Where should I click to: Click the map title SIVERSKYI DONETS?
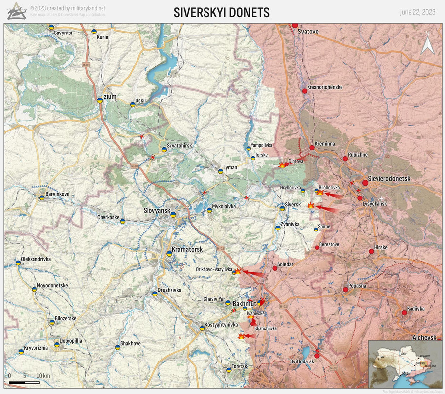(x=222, y=13)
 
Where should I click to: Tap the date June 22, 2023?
(x=417, y=12)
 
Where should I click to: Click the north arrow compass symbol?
(x=427, y=43)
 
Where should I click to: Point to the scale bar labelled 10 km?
(x=25, y=382)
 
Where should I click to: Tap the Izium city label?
(x=109, y=97)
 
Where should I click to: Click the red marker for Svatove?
(x=295, y=25)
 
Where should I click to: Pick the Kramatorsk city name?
(x=187, y=250)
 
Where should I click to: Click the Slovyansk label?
(x=157, y=210)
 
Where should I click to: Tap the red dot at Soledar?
(x=275, y=268)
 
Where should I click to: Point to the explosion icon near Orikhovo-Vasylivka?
(x=237, y=271)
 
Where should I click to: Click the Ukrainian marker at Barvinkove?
(x=42, y=198)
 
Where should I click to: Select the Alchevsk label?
(x=424, y=338)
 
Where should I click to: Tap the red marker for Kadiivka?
(x=404, y=312)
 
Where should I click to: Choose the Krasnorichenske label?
(x=324, y=87)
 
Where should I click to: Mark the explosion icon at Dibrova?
(x=282, y=165)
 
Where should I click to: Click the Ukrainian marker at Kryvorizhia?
(x=21, y=352)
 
